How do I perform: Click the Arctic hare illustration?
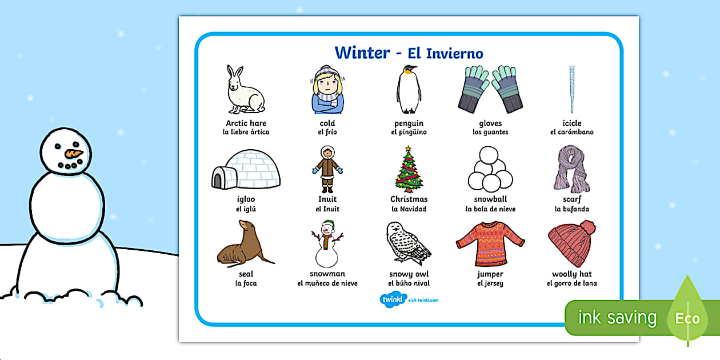[245, 90]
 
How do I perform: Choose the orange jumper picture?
[490, 244]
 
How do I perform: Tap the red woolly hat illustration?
[571, 244]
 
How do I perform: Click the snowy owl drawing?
[408, 244]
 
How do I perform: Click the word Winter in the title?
[362, 53]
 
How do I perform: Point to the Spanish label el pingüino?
[409, 133]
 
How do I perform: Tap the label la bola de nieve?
[490, 209]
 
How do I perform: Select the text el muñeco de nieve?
[327, 283]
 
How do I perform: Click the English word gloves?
[490, 123]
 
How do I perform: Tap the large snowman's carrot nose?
[73, 153]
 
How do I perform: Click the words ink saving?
[617, 318]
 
